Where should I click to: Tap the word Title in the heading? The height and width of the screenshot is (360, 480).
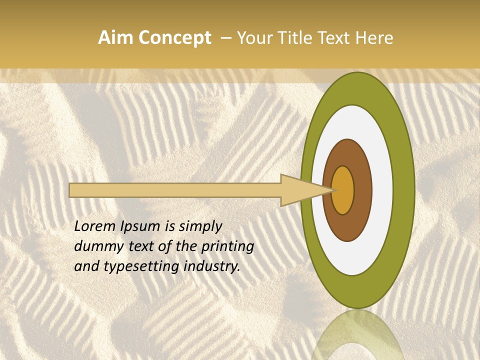(294, 38)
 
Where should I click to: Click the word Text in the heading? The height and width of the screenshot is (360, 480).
(336, 38)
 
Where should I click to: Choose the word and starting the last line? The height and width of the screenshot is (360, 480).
(86, 266)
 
